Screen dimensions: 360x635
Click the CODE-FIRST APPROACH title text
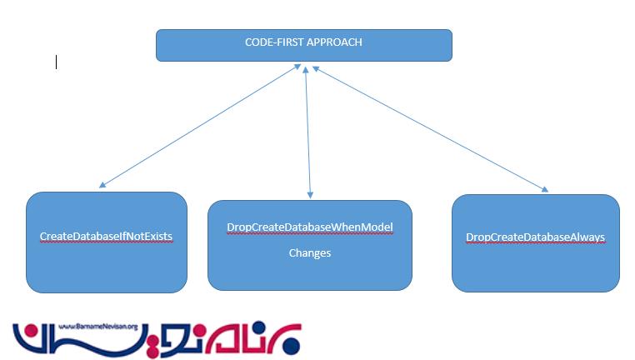click(x=303, y=42)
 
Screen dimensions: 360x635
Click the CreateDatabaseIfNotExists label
click(x=106, y=237)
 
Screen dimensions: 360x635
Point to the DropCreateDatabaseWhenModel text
click(x=309, y=227)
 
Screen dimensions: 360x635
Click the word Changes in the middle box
click(x=310, y=252)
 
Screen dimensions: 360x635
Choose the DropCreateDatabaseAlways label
click(x=535, y=237)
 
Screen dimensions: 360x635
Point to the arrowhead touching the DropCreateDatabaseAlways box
click(x=546, y=190)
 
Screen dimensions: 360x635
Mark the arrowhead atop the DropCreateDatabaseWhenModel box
click(x=311, y=194)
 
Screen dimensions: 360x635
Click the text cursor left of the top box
click(x=56, y=61)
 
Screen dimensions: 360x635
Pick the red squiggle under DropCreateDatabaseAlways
click(x=535, y=243)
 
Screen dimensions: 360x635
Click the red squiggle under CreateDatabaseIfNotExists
click(x=106, y=242)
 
